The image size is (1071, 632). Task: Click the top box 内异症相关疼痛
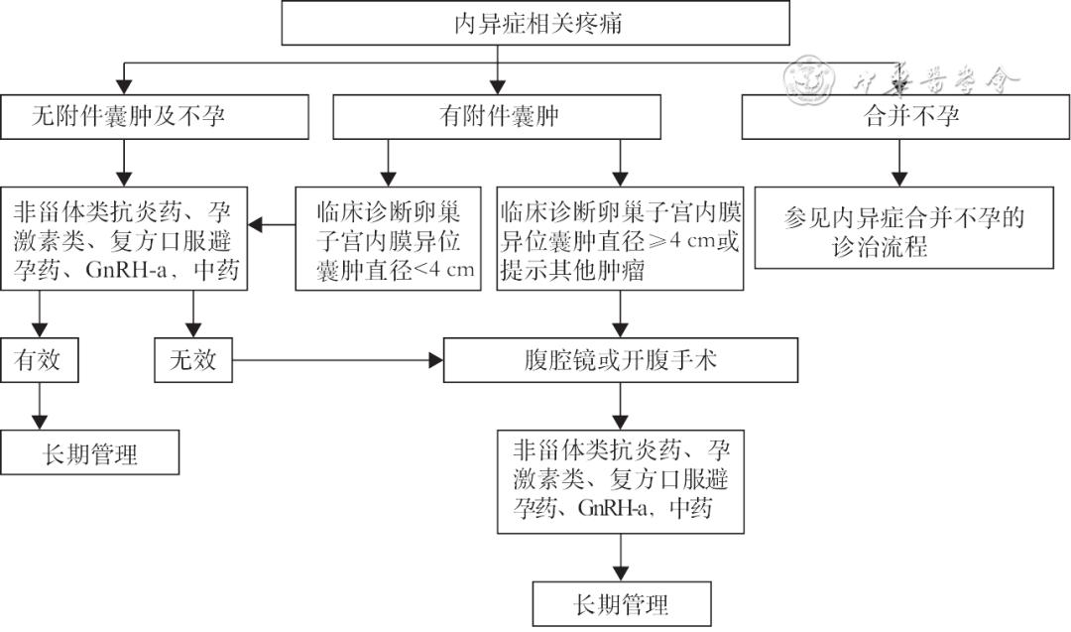pyautogui.click(x=535, y=23)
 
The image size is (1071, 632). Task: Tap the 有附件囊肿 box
pyautogui.click(x=497, y=117)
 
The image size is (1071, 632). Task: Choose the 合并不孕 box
pyautogui.click(x=898, y=117)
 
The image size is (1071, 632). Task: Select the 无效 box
pyautogui.click(x=192, y=360)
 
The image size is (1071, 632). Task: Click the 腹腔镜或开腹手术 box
pyautogui.click(x=620, y=360)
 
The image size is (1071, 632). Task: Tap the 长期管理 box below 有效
pyautogui.click(x=90, y=453)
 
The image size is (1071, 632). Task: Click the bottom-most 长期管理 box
pyautogui.click(x=621, y=603)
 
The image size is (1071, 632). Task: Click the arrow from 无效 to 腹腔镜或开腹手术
pyautogui.click(x=337, y=360)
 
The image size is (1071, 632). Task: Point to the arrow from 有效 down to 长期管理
pyautogui.click(x=41, y=407)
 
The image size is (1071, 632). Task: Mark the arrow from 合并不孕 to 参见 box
pyautogui.click(x=899, y=162)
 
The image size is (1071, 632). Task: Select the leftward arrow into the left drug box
pyautogui.click(x=272, y=226)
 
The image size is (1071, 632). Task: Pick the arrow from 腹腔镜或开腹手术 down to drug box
pyautogui.click(x=621, y=405)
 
